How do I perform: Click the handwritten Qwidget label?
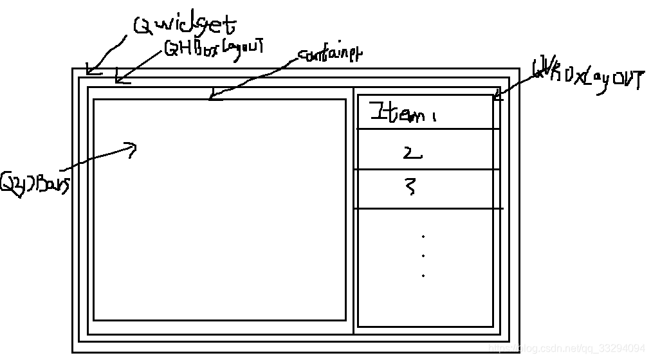point(185,25)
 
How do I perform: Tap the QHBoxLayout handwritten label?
point(215,48)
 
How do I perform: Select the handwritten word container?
point(329,55)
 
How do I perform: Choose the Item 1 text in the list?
point(398,114)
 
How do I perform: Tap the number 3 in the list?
point(410,186)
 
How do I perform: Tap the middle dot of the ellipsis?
point(423,255)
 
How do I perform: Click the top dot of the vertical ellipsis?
point(423,237)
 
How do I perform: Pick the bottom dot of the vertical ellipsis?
point(423,275)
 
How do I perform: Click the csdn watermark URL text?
point(567,348)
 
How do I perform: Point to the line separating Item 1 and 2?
point(428,129)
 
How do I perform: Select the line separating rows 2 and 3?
point(428,170)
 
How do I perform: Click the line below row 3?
point(428,208)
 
